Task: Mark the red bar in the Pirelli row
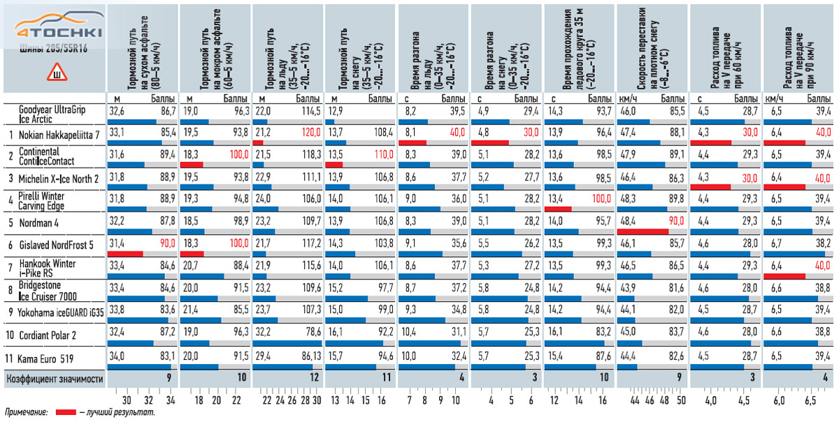pos(558,209)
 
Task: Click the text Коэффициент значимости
pos(55,379)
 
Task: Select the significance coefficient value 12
pos(315,379)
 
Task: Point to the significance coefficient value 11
pos(387,379)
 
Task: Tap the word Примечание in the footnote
pos(26,413)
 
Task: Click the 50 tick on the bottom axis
pos(681,401)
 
